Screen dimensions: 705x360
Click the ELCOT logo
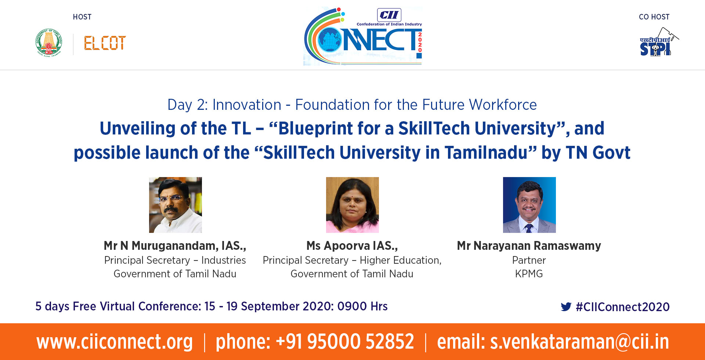[x=105, y=43]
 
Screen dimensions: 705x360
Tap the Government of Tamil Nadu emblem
[x=49, y=43]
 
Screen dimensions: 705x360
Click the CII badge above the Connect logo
[x=389, y=15]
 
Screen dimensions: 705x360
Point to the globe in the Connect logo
[x=330, y=40]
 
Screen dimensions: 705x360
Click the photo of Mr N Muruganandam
[x=176, y=205]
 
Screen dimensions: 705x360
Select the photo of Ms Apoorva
[x=352, y=205]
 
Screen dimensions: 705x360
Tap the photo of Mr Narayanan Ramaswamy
[x=529, y=205]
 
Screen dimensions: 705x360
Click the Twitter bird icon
[x=566, y=307]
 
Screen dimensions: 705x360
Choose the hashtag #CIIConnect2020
[x=623, y=307]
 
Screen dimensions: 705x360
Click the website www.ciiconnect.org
[x=115, y=342]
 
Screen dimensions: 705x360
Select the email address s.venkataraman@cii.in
[x=580, y=342]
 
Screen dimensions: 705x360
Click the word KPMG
[x=529, y=274]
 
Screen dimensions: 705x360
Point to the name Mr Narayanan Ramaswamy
[x=529, y=246]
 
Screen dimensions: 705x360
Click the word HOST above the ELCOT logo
[x=82, y=17]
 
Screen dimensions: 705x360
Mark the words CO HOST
[x=654, y=17]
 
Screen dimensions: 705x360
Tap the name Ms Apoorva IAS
[x=352, y=246]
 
